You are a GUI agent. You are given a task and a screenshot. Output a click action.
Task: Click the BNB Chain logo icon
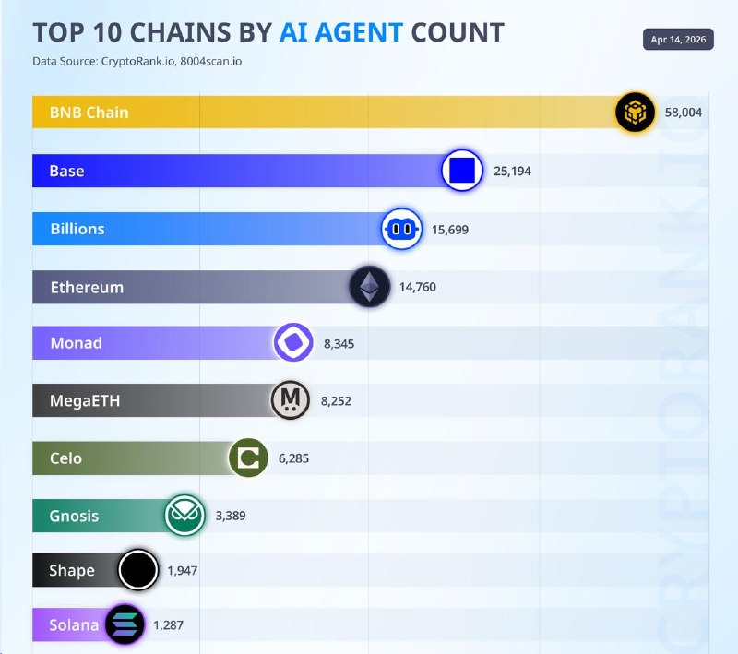[635, 112]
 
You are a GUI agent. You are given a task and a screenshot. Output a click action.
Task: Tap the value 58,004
[683, 113]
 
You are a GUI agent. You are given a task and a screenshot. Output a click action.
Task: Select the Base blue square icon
[462, 171]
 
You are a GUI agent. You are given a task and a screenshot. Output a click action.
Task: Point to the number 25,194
[512, 171]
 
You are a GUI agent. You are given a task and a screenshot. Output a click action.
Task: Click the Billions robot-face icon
[401, 229]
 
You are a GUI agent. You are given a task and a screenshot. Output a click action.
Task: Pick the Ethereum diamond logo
[370, 287]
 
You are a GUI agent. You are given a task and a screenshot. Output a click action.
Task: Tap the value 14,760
[418, 287]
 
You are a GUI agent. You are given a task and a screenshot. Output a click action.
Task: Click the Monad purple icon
[293, 342]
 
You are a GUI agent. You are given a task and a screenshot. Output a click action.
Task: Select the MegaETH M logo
[291, 400]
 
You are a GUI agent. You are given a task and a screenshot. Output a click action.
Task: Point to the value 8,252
[336, 401]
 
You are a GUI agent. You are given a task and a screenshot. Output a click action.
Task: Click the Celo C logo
[248, 458]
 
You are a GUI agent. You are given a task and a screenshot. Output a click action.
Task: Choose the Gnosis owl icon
[184, 515]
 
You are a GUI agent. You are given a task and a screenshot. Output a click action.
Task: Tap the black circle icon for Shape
[137, 570]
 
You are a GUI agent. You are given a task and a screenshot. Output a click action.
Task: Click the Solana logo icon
[125, 624]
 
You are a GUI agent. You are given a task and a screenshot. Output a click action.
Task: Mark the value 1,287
[168, 625]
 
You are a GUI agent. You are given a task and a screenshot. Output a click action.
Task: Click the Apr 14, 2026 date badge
[678, 39]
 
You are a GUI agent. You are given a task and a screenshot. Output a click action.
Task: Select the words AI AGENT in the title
[341, 32]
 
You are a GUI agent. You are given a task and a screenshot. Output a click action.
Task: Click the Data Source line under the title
[137, 61]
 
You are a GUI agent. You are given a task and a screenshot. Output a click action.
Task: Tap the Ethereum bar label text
[87, 287]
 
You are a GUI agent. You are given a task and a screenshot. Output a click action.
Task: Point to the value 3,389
[230, 516]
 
